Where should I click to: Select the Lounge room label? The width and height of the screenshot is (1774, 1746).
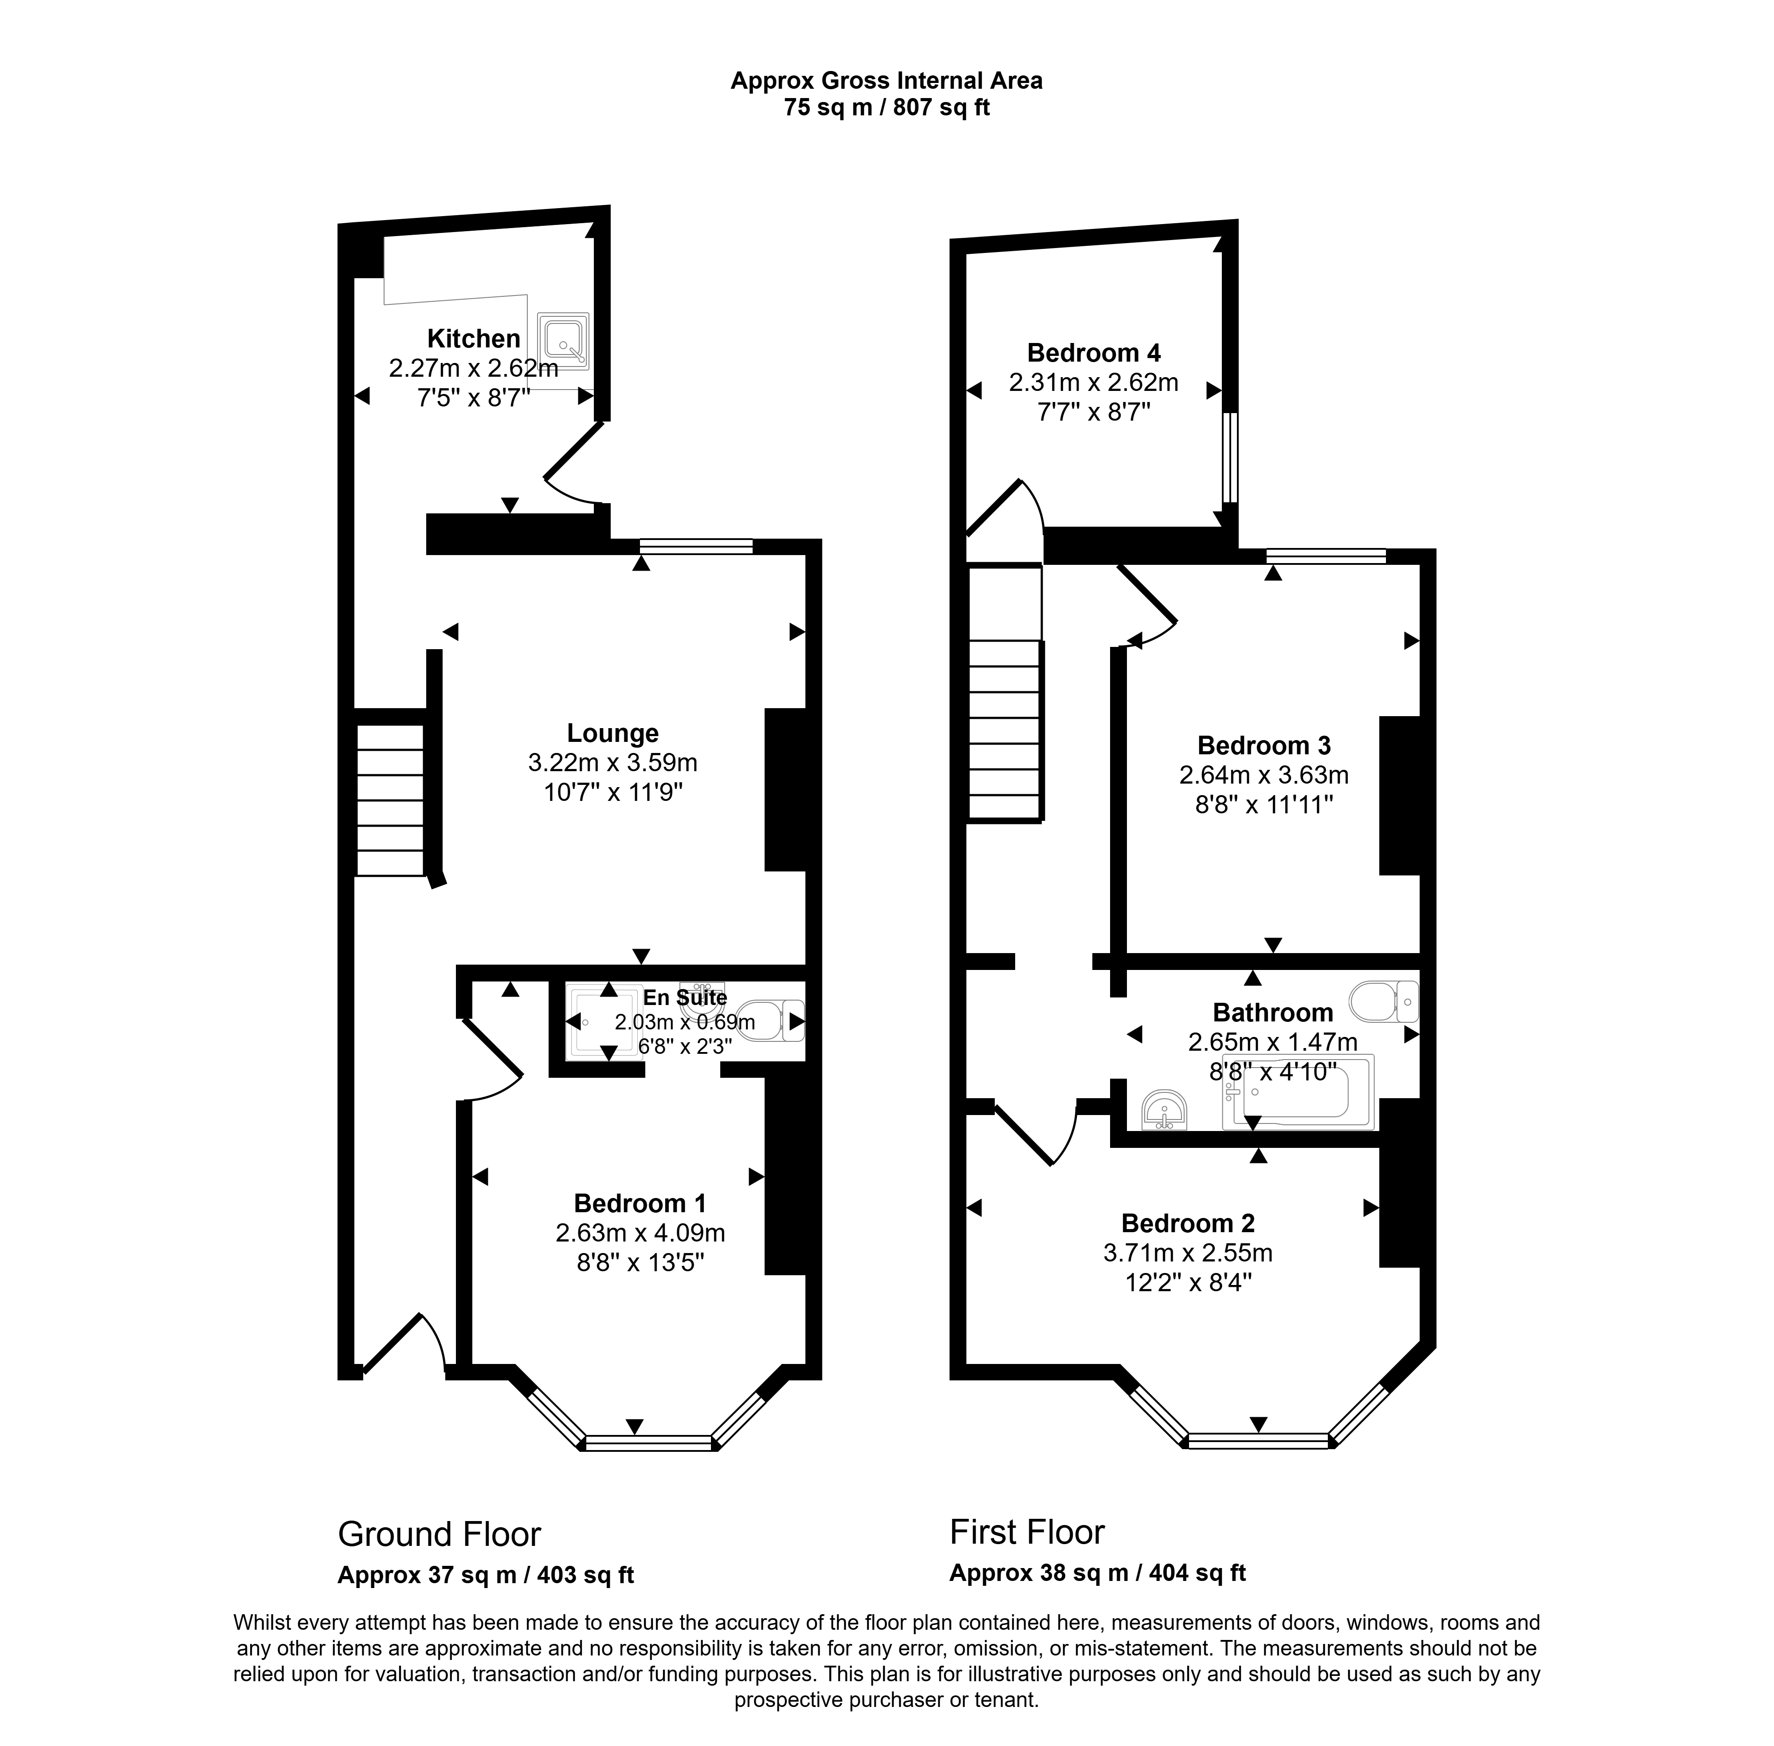(x=612, y=733)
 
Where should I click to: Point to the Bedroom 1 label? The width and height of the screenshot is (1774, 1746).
(x=640, y=1203)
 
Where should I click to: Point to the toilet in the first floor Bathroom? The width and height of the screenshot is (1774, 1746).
(x=1384, y=1001)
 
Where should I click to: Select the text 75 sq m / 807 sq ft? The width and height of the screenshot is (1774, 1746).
(x=887, y=107)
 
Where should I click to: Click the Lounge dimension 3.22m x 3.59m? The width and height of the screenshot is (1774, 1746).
(x=612, y=762)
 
